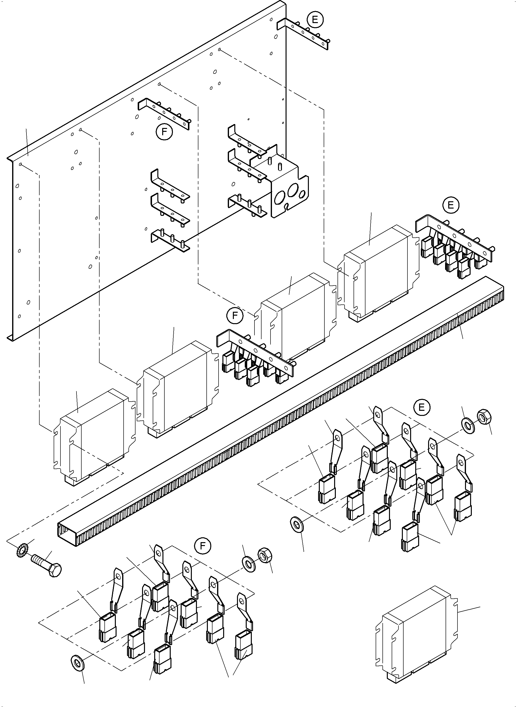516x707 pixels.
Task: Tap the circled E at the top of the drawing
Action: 315,20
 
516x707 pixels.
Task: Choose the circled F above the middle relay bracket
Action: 235,316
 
